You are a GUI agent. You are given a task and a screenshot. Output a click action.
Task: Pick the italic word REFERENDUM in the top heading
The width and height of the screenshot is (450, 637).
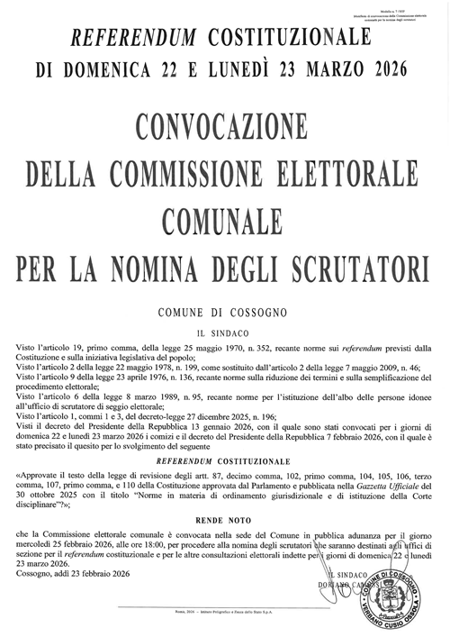coord(134,37)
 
